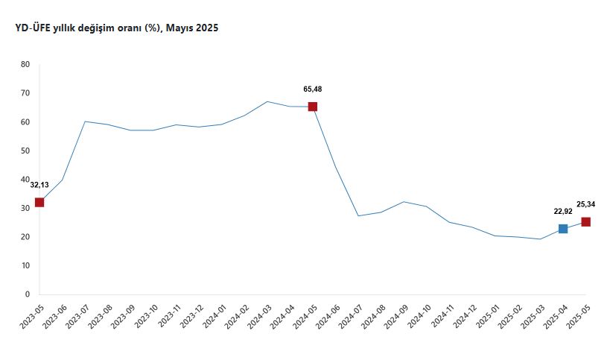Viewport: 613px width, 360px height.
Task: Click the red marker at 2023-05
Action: click(x=39, y=202)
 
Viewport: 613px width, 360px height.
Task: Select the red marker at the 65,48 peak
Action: click(x=313, y=107)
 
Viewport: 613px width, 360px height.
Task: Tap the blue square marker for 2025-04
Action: click(x=563, y=229)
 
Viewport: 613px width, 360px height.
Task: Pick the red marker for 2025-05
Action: click(x=586, y=221)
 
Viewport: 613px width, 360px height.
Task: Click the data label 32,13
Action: click(x=39, y=185)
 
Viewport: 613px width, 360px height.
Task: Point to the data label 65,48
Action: click(x=313, y=89)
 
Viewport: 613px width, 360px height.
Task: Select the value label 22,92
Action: click(x=563, y=211)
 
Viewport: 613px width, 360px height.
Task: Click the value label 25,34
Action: click(x=586, y=203)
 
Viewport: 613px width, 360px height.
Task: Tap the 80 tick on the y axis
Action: click(x=25, y=64)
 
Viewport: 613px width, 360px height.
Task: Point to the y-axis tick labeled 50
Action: click(x=25, y=151)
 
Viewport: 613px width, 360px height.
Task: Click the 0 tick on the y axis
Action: click(x=27, y=294)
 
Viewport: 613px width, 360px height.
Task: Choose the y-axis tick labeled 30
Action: click(x=25, y=208)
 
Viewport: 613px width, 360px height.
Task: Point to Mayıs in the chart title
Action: click(x=181, y=28)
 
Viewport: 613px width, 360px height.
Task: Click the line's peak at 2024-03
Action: click(x=267, y=101)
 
